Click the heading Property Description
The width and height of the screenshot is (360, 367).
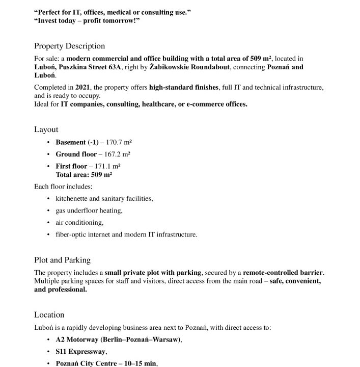[69, 46]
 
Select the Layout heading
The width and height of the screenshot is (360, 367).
[46, 129]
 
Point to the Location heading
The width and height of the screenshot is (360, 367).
[49, 314]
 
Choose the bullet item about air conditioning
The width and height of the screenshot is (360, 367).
[79, 222]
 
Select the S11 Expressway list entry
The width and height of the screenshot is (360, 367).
[81, 352]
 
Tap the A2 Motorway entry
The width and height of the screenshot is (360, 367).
[119, 339]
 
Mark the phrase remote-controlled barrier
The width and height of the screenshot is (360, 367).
[283, 273]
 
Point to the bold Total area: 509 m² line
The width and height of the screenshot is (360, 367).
[84, 174]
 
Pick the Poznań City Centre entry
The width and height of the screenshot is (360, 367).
[107, 363]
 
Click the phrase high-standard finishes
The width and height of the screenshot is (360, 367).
[184, 88]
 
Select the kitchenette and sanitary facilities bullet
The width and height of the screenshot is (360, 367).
[104, 198]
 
